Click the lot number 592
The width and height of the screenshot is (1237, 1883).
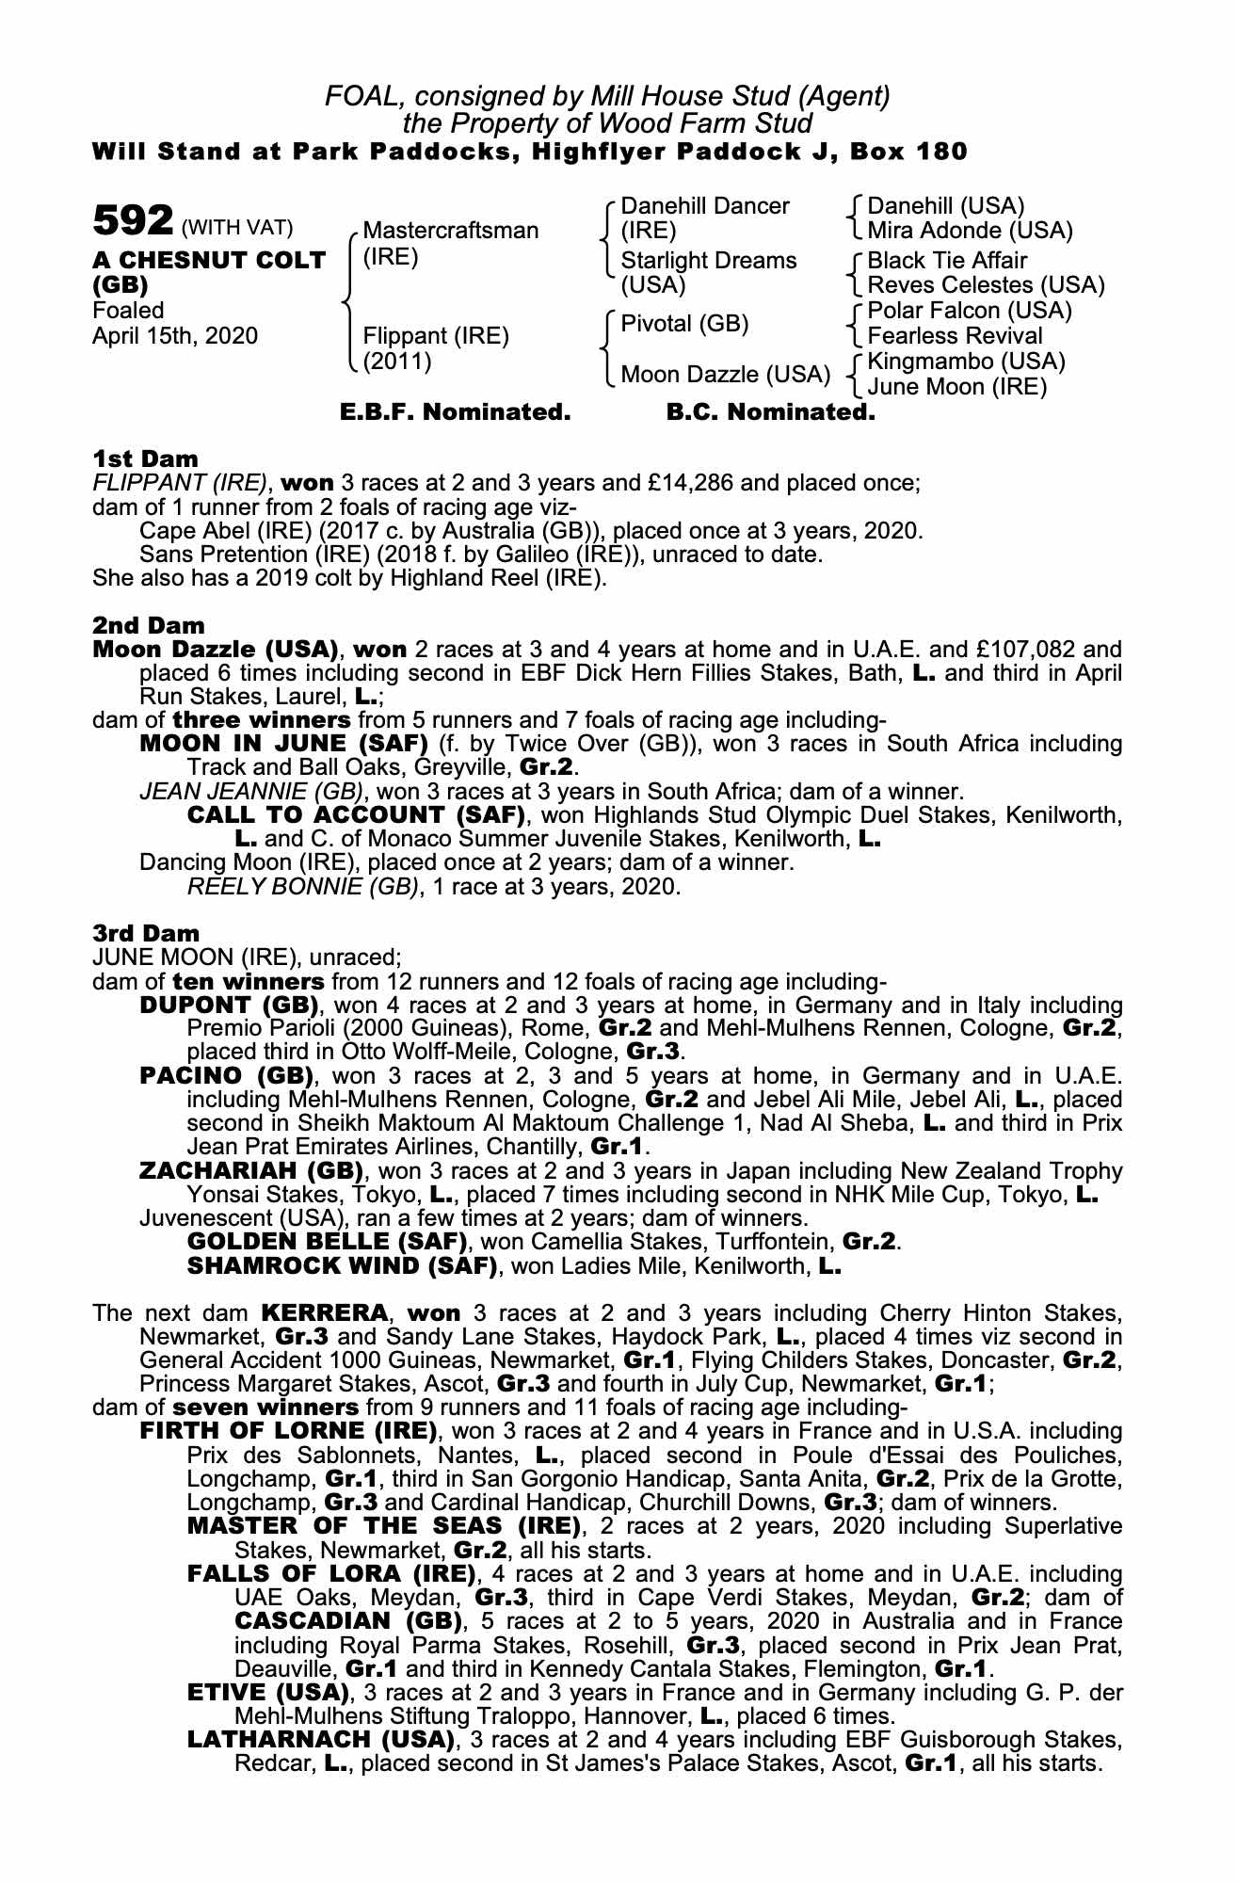(x=133, y=221)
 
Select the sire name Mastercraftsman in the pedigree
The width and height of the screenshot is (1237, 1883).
(x=450, y=231)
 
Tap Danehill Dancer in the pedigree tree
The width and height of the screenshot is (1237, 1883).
(x=705, y=206)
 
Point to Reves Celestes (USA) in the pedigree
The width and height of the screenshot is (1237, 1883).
(x=986, y=285)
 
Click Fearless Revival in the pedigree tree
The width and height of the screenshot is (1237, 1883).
(x=955, y=336)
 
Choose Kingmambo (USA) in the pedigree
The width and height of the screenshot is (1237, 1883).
(x=966, y=362)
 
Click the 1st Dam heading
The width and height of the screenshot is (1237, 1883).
(x=145, y=459)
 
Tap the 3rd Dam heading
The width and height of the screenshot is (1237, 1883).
(x=146, y=933)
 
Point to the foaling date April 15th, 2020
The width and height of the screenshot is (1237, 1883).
(x=175, y=336)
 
